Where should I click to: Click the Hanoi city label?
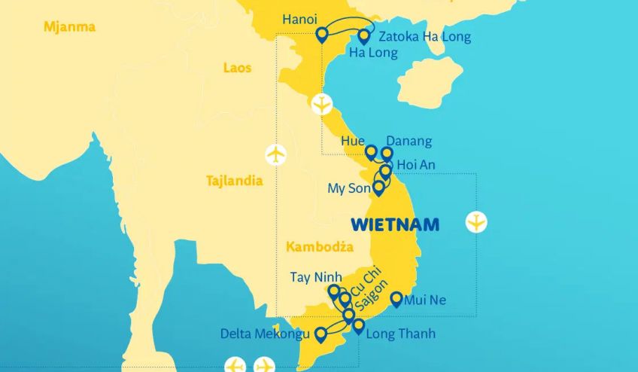coord(299,20)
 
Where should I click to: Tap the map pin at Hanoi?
coord(322,34)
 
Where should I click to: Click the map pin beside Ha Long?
coord(364,35)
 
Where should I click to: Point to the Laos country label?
coord(237,68)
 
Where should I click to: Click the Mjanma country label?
coord(69,27)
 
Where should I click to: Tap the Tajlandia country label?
coord(234,181)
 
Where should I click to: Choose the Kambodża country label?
coord(319,246)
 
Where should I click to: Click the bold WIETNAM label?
coord(395,224)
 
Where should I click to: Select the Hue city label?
coord(352,141)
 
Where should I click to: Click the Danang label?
coord(409,141)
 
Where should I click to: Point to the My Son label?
coord(349,188)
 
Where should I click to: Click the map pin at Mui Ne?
coord(396,299)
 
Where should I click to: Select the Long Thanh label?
coord(400,333)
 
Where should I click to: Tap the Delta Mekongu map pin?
coord(321,334)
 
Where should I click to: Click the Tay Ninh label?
coord(316,277)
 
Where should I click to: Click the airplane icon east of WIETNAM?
coord(476,222)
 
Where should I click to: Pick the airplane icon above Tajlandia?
coord(276,154)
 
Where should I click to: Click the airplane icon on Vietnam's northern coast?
coord(322,104)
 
